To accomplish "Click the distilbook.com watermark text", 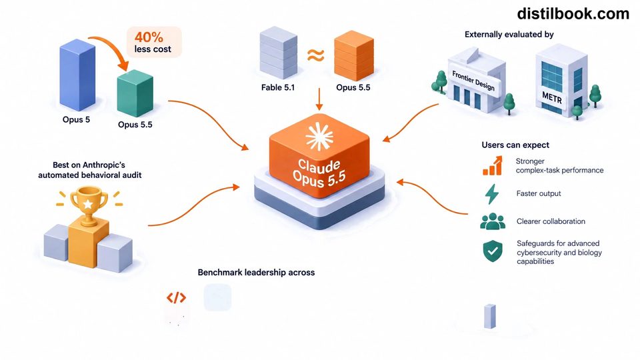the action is pyautogui.click(x=573, y=14).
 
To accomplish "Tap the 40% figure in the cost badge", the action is pyautogui.click(x=149, y=37).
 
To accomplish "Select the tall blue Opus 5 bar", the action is pyautogui.click(x=77, y=75).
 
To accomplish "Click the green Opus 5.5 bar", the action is pyautogui.click(x=135, y=93).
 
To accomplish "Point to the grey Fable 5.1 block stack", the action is pyautogui.click(x=279, y=53).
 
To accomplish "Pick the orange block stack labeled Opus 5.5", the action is pyautogui.click(x=354, y=55).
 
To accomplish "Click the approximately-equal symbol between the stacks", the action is pyautogui.click(x=315, y=55).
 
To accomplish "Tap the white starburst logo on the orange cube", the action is pyautogui.click(x=319, y=137).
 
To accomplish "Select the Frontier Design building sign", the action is pyautogui.click(x=473, y=81).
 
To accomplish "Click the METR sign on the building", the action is pyautogui.click(x=552, y=97).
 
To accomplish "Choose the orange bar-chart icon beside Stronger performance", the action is pyautogui.click(x=493, y=166).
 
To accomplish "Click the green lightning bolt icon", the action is pyautogui.click(x=492, y=194).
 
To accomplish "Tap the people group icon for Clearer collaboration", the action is pyautogui.click(x=493, y=221).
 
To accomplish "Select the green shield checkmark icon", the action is pyautogui.click(x=493, y=251).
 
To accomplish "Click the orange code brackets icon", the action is pyautogui.click(x=176, y=298).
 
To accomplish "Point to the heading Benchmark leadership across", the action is pyautogui.click(x=256, y=272).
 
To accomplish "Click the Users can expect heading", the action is pyautogui.click(x=515, y=145).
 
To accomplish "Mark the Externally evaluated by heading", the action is pyautogui.click(x=509, y=34).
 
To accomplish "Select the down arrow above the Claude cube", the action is pyautogui.click(x=319, y=99).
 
